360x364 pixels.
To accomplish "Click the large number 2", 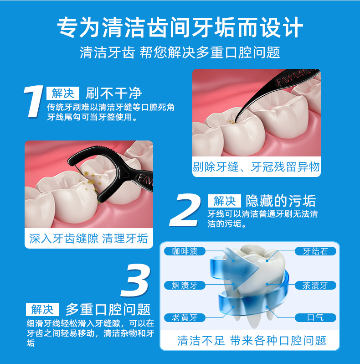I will (x=187, y=210).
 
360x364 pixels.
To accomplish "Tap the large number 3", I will (x=135, y=281).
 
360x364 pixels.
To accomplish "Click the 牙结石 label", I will (x=315, y=251).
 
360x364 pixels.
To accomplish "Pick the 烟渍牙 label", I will (x=185, y=286).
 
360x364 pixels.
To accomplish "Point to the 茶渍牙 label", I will (x=315, y=286).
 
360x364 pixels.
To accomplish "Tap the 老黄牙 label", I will (x=185, y=317).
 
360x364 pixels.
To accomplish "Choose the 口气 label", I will (x=315, y=317).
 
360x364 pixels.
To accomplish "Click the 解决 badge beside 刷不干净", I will (x=63, y=94).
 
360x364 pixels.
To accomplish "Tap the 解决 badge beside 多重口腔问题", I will (x=42, y=310).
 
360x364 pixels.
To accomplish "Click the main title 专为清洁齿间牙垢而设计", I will (x=180, y=27).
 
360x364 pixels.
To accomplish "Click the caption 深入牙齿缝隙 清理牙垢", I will (x=88, y=239).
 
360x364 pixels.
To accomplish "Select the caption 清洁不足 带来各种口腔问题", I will (x=252, y=340).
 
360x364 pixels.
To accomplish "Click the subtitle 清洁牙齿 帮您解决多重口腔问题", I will (x=180, y=52).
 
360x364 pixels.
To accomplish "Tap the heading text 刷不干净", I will (x=114, y=94).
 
